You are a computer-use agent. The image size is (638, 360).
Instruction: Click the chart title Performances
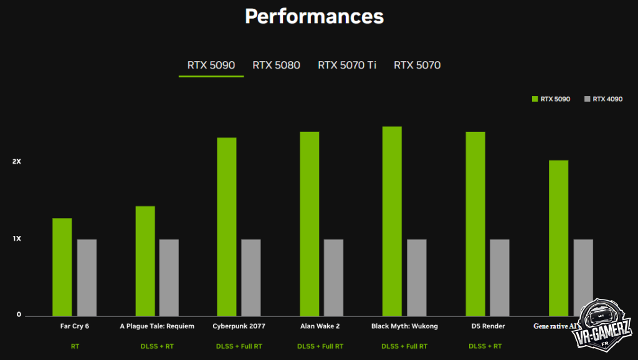(314, 16)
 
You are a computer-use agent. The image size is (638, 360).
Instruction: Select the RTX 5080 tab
(276, 65)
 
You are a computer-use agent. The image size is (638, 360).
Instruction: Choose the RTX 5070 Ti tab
(347, 65)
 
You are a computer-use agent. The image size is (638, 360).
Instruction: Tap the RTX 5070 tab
(417, 65)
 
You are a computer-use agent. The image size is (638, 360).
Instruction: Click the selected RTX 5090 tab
(211, 65)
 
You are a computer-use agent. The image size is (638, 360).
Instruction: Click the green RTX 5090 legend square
(535, 99)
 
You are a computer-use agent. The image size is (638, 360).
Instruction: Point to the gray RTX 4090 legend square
(587, 99)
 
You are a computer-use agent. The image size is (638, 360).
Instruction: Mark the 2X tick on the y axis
(17, 162)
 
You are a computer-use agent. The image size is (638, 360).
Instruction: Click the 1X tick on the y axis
(17, 239)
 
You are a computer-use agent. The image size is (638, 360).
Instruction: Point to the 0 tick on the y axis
(19, 315)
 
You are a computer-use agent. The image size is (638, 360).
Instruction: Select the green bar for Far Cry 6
(62, 267)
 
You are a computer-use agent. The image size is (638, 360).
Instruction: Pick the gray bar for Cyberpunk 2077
(251, 278)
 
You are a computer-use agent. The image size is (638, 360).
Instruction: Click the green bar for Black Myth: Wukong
(392, 221)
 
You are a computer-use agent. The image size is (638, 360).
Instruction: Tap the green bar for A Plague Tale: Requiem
(145, 261)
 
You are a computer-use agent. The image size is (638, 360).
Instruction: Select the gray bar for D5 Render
(500, 278)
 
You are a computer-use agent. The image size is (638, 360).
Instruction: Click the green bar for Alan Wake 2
(309, 224)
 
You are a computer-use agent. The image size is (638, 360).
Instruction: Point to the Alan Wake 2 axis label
(320, 326)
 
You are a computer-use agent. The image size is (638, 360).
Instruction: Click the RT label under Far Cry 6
(75, 346)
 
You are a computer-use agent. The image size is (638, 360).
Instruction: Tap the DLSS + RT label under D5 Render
(485, 346)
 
